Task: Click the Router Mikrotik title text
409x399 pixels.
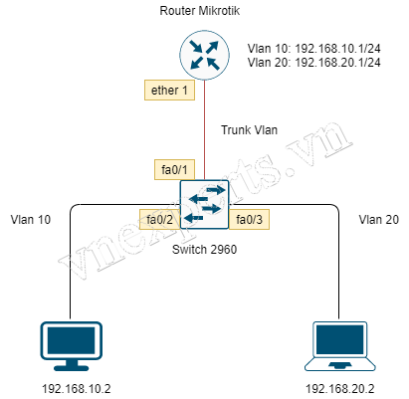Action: pyautogui.click(x=205, y=11)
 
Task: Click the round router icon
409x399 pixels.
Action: pyautogui.click(x=206, y=55)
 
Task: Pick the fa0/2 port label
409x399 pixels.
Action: pyautogui.click(x=160, y=219)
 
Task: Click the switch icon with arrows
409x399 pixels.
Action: pyautogui.click(x=205, y=205)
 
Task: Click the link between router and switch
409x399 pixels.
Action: pyautogui.click(x=206, y=129)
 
